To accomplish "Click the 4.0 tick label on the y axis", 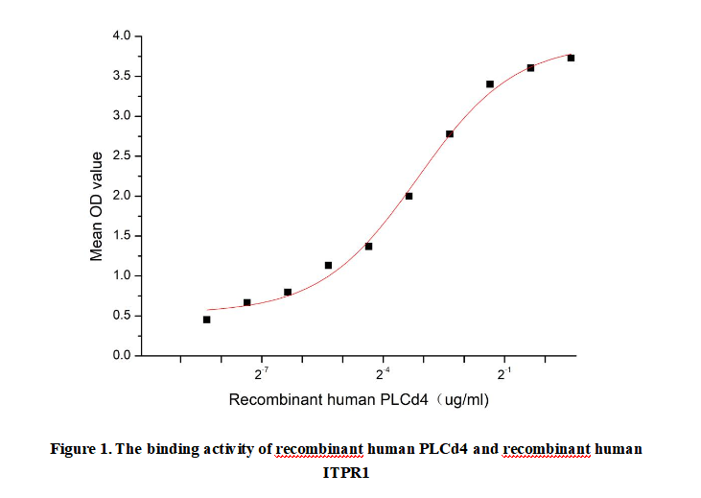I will click(123, 36).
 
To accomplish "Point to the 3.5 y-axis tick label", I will click(123, 77).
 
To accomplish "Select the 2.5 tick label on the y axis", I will click(123, 156).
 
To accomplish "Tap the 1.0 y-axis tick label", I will click(123, 276).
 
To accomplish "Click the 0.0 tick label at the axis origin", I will click(123, 356).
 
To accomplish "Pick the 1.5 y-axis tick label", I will click(123, 236).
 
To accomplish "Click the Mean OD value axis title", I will click(96, 205).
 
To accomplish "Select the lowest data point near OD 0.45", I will click(206, 320).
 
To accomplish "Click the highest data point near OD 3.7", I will click(571, 58).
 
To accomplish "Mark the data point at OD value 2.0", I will click(409, 196).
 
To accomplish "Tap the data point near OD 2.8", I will click(450, 133).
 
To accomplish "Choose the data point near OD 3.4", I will click(490, 84).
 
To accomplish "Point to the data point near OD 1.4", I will click(368, 247).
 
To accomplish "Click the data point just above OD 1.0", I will click(328, 265).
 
